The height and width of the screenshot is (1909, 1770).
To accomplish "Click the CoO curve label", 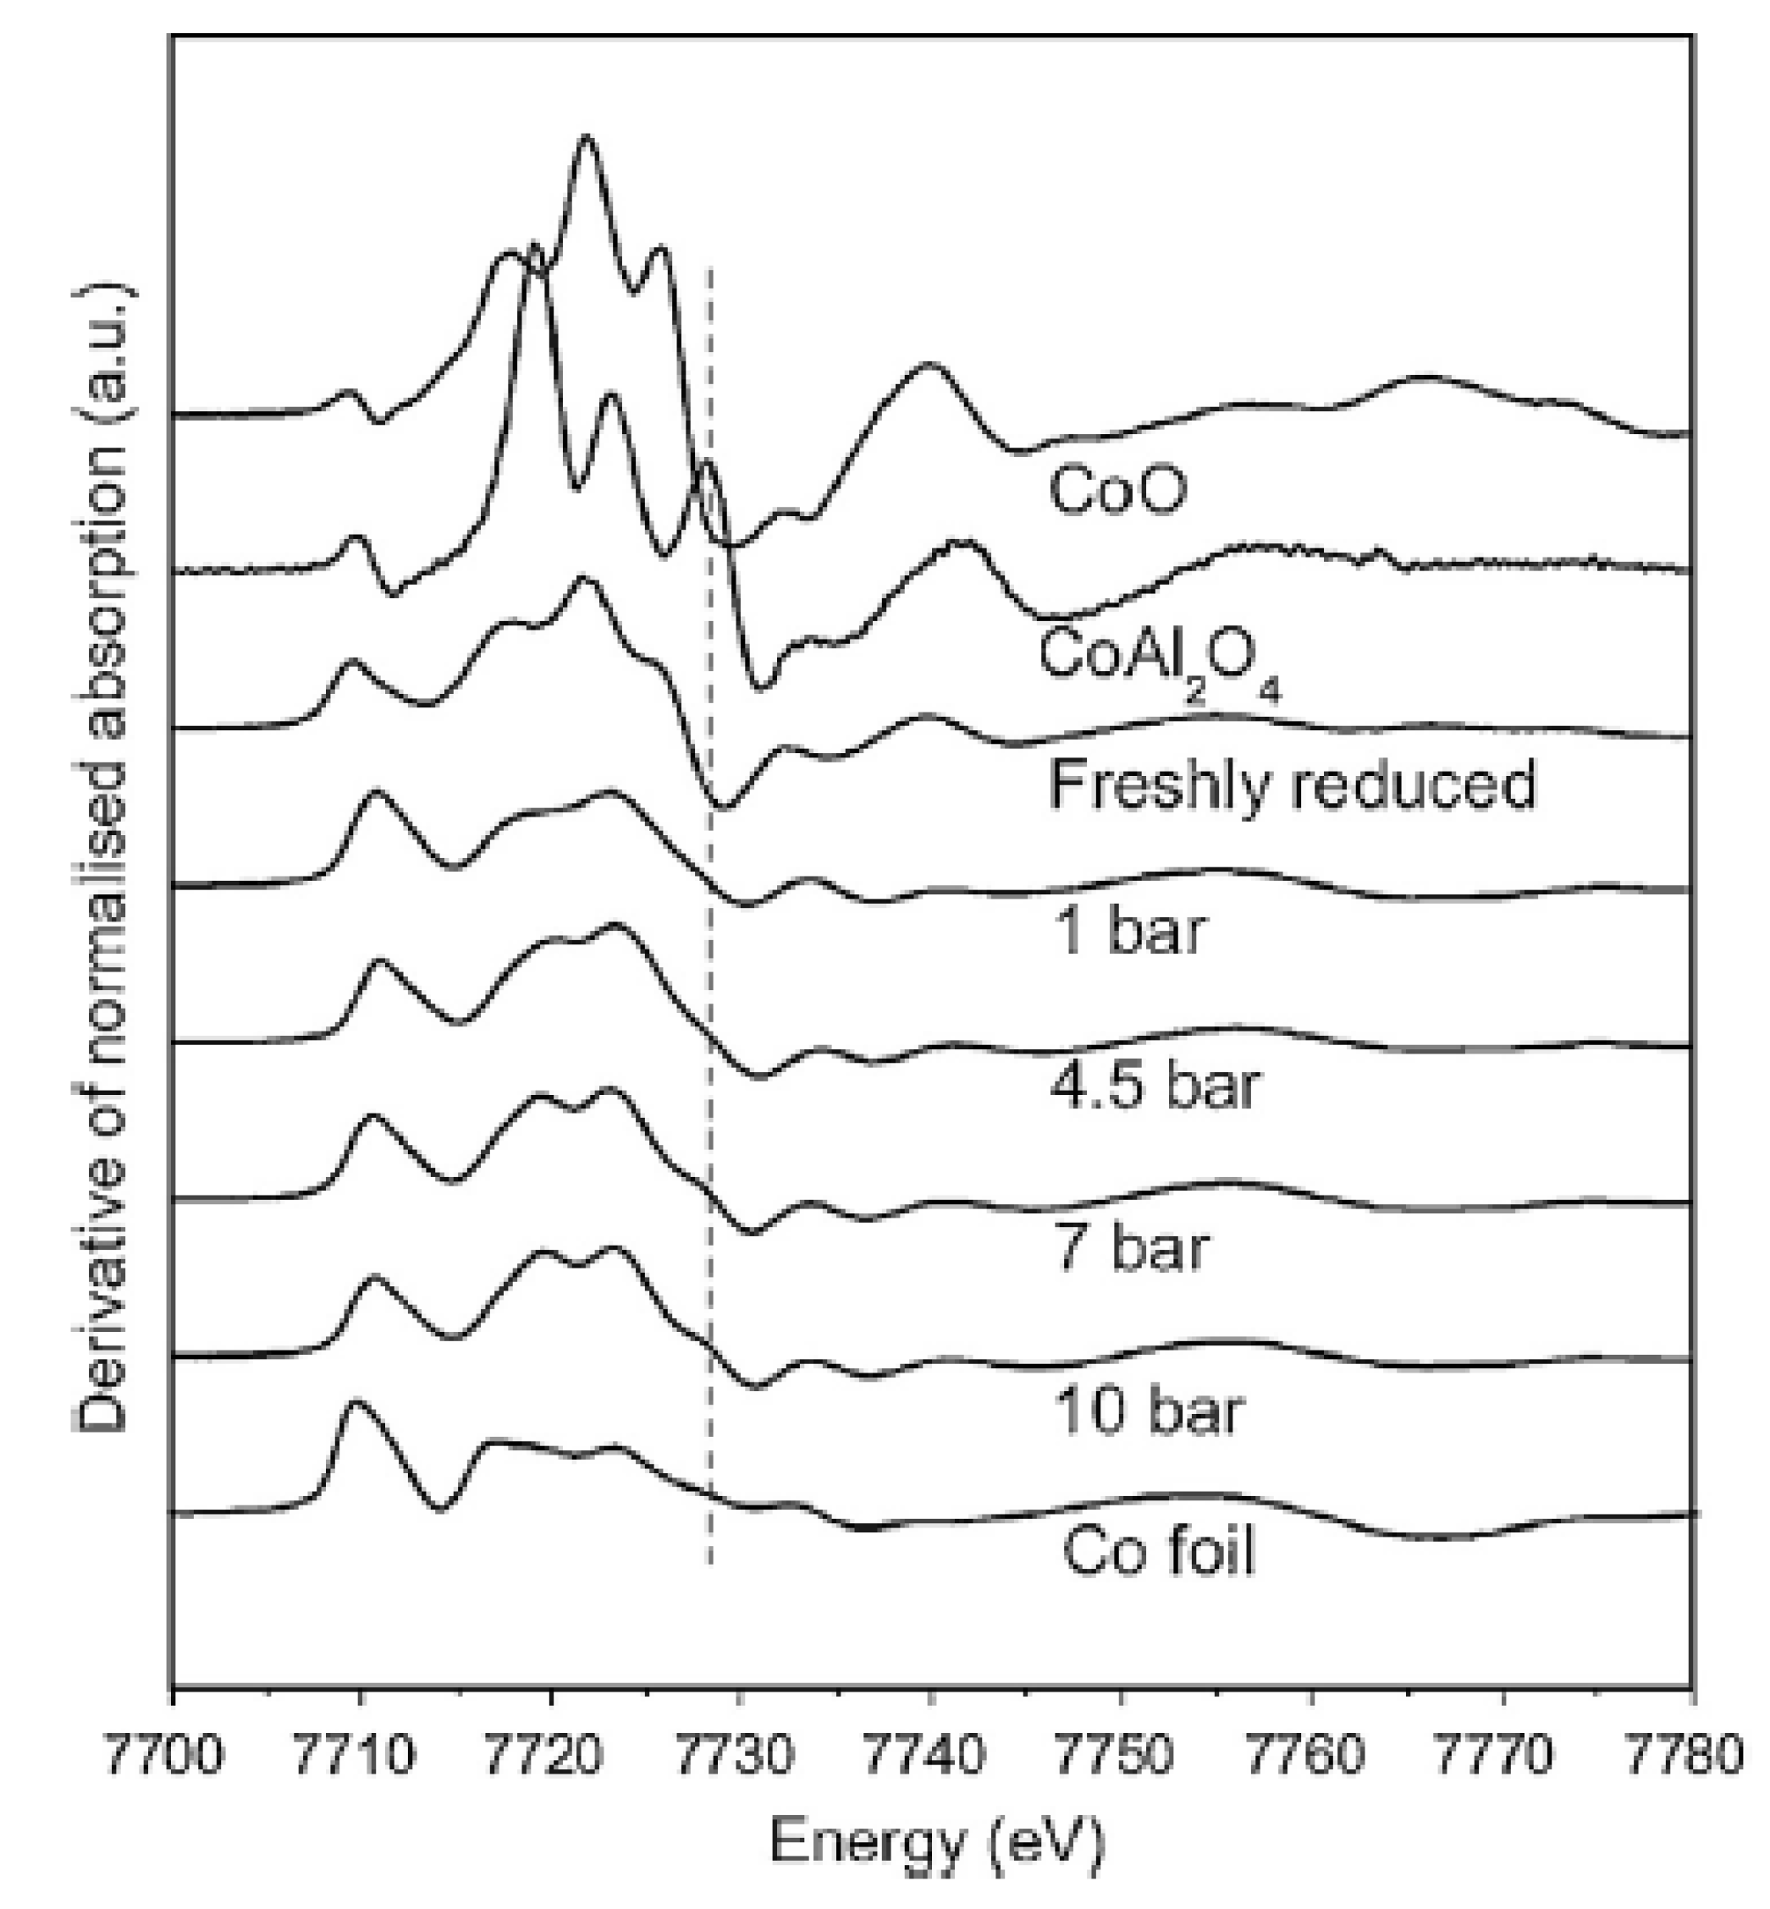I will tap(1117, 489).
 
